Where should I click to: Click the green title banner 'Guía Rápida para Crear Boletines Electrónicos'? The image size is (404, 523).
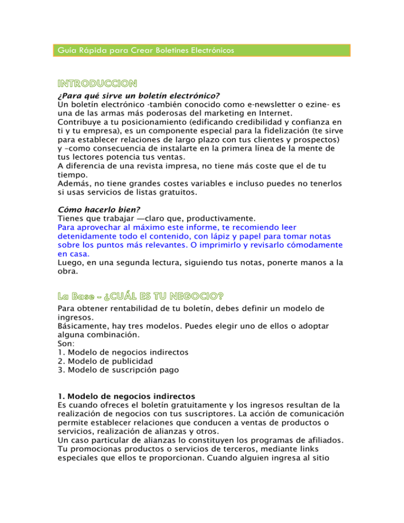click(202, 50)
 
